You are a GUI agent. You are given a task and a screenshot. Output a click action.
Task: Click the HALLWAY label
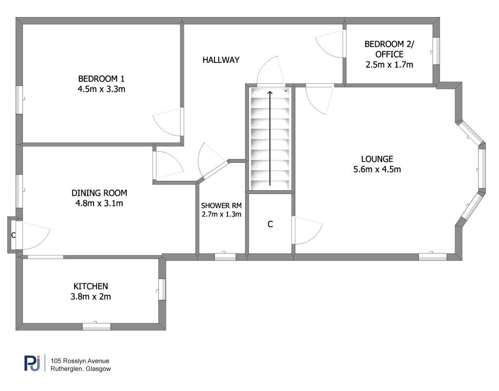[221, 60]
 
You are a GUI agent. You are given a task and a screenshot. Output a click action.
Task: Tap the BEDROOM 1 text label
[105, 79]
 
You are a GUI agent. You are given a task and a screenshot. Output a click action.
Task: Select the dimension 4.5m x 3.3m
[105, 89]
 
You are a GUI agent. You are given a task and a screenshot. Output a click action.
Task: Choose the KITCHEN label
[91, 286]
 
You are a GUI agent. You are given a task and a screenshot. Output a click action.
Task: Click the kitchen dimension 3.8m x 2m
[91, 296]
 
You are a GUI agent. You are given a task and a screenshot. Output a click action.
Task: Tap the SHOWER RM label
[221, 206]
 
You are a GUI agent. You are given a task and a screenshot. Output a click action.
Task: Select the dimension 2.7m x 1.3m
[221, 214]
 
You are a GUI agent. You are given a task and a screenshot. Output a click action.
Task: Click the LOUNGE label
[377, 159]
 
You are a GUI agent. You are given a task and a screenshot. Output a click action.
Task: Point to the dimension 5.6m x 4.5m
[377, 169]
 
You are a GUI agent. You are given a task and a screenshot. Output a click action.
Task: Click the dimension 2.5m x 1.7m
[389, 64]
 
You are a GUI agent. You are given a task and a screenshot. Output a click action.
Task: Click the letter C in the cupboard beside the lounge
[270, 225]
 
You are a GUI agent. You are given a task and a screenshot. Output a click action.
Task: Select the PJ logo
[32, 364]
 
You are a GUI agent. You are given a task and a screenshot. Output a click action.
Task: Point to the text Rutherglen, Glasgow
[81, 369]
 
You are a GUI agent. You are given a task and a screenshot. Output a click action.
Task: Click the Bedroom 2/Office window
[437, 51]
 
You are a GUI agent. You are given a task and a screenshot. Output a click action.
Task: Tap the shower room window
[225, 256]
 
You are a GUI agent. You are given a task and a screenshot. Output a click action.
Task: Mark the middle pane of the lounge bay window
[481, 168]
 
